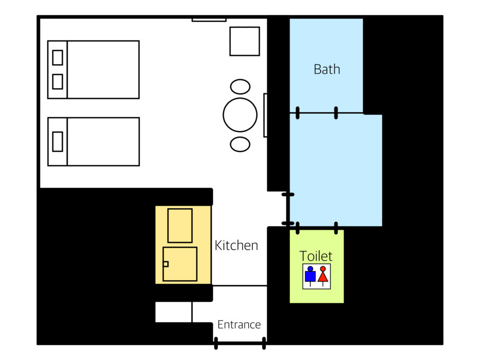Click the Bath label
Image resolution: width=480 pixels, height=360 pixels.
point(327,70)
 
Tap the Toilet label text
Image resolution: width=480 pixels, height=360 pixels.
point(316,256)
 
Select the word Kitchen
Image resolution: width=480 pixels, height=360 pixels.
point(236,245)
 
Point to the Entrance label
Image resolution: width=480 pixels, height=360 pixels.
point(239,324)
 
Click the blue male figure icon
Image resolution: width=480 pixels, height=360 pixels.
point(311,275)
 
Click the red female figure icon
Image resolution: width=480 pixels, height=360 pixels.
point(323,275)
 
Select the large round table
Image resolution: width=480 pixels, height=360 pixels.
point(240,115)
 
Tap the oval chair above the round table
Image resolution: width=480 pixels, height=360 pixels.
point(240,86)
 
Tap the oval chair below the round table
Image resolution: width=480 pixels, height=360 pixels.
point(240,144)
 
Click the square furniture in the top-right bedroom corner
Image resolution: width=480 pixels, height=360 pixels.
point(245,41)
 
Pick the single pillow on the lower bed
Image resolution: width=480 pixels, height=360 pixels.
point(58,142)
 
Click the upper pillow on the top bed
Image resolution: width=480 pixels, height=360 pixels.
point(58,58)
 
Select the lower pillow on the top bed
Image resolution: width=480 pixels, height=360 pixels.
point(58,82)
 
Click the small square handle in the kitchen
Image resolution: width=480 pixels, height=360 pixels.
point(166,264)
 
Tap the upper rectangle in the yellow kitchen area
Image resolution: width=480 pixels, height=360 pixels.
point(180,226)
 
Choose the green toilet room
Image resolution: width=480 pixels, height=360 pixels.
point(317,266)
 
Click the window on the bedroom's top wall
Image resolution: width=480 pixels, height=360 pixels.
point(209,20)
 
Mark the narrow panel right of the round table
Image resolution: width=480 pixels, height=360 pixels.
point(265,115)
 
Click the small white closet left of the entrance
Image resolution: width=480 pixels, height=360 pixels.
point(174,312)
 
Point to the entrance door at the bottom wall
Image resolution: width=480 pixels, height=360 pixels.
point(240,343)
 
